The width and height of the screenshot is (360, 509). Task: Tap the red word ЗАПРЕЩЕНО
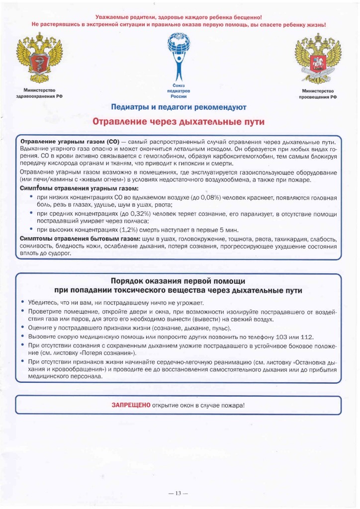point(131,405)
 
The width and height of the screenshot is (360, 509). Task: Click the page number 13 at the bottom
point(179,494)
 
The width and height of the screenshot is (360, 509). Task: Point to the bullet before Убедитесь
point(23,303)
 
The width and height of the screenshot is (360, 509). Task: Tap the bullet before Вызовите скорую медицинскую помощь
point(23,337)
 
